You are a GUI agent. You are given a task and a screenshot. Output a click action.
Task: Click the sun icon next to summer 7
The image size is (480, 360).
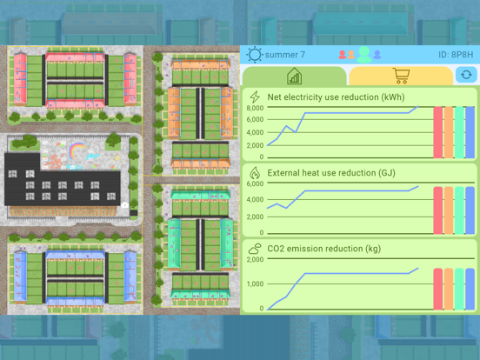[255, 55]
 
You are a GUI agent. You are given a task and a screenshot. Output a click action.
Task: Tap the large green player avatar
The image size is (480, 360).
[364, 55]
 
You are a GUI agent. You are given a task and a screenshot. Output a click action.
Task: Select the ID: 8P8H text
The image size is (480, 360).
[456, 55]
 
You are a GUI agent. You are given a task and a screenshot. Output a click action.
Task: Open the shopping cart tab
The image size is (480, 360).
[401, 76]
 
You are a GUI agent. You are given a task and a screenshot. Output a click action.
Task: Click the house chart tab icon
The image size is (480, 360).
[294, 76]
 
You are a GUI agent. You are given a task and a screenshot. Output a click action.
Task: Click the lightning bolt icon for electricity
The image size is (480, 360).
[255, 97]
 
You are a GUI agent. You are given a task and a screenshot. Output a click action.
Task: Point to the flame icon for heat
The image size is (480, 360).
[255, 173]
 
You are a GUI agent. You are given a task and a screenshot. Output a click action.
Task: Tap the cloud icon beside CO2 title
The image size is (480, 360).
[255, 249]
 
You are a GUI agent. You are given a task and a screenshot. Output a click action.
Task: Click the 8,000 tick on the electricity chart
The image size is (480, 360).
[255, 108]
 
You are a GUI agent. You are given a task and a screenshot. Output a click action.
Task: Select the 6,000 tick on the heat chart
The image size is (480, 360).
[255, 183]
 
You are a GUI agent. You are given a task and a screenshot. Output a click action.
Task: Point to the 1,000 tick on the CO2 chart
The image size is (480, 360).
[255, 283]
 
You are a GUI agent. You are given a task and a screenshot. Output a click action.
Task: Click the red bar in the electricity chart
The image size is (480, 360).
[438, 132]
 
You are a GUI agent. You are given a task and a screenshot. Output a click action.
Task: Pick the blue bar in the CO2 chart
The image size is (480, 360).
[470, 289]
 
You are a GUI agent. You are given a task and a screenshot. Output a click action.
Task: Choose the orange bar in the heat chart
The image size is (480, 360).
[449, 210]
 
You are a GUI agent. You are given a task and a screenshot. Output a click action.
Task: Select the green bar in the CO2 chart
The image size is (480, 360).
[459, 289]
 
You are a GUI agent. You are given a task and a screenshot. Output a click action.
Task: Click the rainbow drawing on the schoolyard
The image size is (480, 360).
[77, 150]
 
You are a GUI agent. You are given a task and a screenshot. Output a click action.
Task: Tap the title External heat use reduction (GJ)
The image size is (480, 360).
[331, 173]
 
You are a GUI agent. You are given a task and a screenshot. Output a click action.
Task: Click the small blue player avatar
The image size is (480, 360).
[377, 55]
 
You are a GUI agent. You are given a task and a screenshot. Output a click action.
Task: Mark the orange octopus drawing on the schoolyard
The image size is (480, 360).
[55, 162]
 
